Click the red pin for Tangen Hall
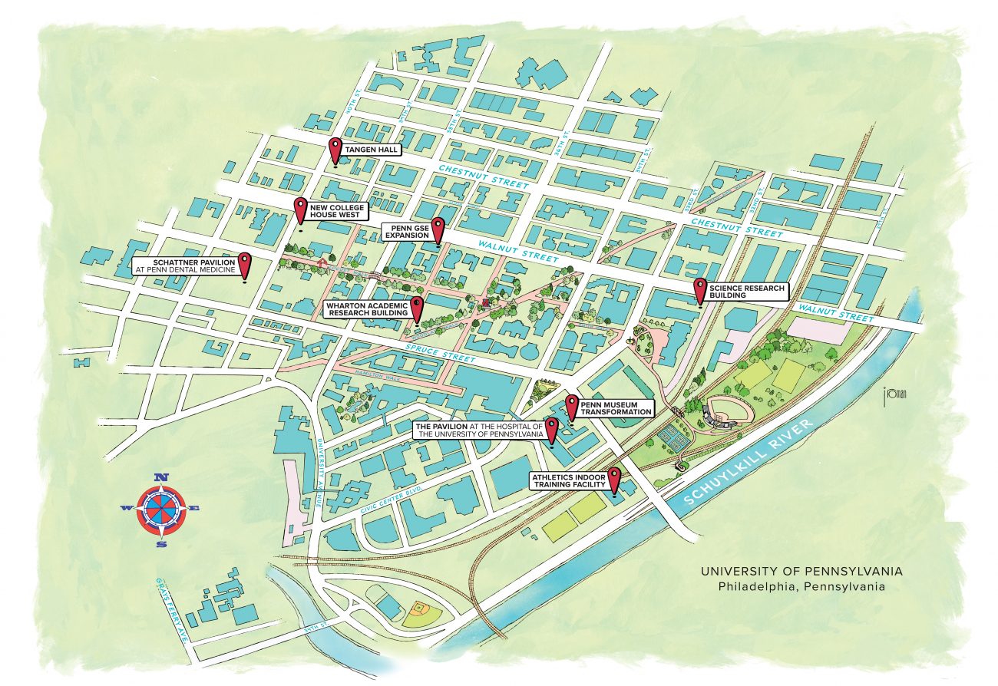click(x=335, y=149)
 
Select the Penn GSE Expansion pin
click(x=438, y=228)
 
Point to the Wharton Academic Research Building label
click(x=366, y=308)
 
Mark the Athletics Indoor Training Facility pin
click(x=614, y=478)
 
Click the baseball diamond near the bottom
click(x=419, y=610)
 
